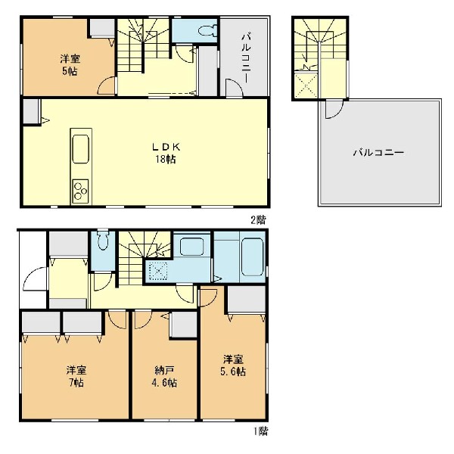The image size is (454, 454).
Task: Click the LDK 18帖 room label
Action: click(166, 153)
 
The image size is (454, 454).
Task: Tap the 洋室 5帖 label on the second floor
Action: click(70, 65)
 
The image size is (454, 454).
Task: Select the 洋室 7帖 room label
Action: click(76, 376)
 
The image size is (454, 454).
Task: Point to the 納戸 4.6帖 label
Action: click(164, 376)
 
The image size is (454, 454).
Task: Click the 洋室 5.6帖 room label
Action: click(233, 365)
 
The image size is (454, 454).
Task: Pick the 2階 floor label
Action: click(258, 220)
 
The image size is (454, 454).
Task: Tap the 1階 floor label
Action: click(261, 431)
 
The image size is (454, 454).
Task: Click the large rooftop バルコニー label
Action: click(378, 153)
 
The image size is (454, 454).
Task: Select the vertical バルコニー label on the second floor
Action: click(246, 58)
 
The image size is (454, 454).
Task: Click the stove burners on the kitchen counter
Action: click(80, 191)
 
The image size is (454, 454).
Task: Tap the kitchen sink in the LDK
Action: click(80, 149)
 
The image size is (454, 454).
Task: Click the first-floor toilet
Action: click(103, 240)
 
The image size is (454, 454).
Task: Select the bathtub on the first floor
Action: click(253, 257)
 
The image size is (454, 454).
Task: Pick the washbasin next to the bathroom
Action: click(191, 247)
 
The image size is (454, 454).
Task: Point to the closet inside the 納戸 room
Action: click(184, 325)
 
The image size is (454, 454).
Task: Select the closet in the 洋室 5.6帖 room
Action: click(247, 300)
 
